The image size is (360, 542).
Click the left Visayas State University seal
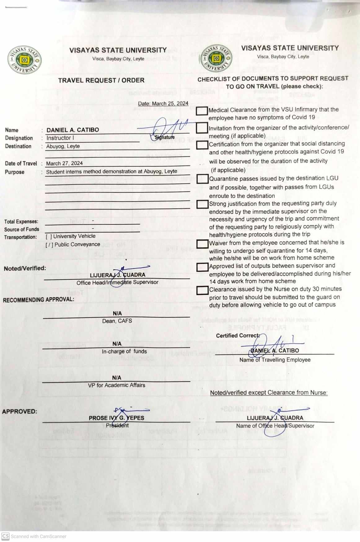pyautogui.click(x=24, y=60)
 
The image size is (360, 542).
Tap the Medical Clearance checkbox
pyautogui.click(x=202, y=111)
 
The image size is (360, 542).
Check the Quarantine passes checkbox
pyautogui.click(x=203, y=179)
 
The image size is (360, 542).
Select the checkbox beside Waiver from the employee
pyautogui.click(x=203, y=244)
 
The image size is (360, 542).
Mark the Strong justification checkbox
pyautogui.click(x=203, y=204)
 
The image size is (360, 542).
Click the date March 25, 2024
pyautogui.click(x=163, y=103)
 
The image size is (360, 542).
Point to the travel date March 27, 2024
pyautogui.click(x=64, y=163)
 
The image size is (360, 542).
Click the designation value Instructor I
pyautogui.click(x=60, y=138)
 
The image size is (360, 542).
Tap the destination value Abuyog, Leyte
pyautogui.click(x=63, y=146)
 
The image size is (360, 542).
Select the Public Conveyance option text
pyautogui.click(x=77, y=244)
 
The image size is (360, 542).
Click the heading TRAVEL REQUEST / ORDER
pyautogui.click(x=101, y=80)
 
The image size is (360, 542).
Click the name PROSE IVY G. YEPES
pyautogui.click(x=116, y=418)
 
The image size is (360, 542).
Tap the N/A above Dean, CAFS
pyautogui.click(x=117, y=313)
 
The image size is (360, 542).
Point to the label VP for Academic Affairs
pyautogui.click(x=116, y=385)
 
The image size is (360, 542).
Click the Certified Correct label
pyautogui.click(x=238, y=336)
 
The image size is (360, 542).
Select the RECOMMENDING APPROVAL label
pyautogui.click(x=39, y=300)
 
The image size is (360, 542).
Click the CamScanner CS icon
pyautogui.click(x=6, y=536)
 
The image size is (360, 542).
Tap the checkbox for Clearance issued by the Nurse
pyautogui.click(x=202, y=290)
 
